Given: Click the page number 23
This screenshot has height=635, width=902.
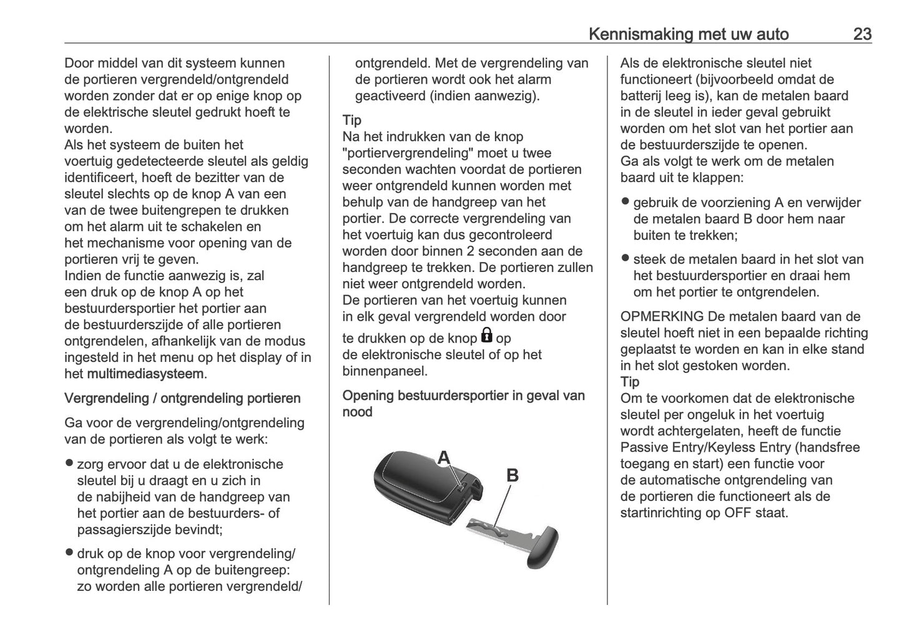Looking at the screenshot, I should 862,34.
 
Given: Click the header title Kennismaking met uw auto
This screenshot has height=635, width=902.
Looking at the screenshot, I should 689,34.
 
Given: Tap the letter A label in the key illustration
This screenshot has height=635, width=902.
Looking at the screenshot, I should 443,458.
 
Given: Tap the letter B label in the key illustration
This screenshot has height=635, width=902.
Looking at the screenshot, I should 512,475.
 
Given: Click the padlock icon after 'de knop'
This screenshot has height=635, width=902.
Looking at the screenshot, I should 486,337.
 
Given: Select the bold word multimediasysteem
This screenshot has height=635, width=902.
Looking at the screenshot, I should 145,374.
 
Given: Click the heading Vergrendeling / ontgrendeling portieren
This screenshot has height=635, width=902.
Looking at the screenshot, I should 182,399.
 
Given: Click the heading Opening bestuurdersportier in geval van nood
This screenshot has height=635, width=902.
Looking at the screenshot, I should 463,404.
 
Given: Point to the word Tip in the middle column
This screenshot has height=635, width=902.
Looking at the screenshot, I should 351,120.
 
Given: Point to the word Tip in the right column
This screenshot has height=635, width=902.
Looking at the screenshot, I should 629,382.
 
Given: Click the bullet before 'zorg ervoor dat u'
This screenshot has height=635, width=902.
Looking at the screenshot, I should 69,463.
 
